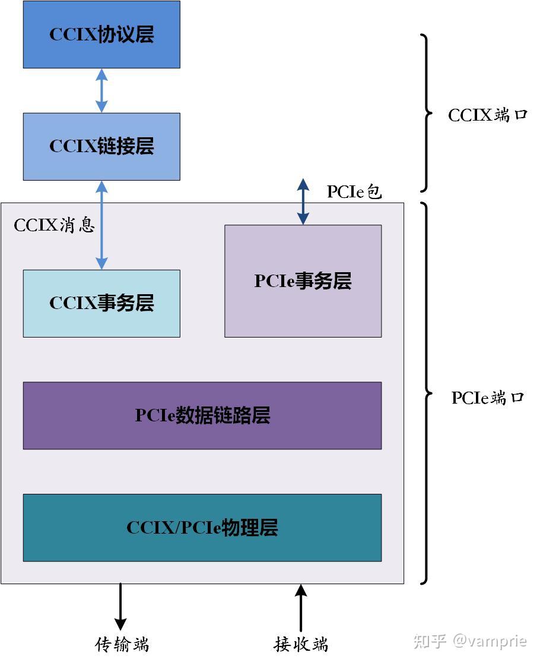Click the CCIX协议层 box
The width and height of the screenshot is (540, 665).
coord(101,34)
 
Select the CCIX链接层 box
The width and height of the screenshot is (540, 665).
coord(101,146)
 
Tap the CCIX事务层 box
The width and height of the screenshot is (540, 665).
coord(101,303)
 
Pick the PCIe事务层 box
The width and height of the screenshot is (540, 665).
coord(303,281)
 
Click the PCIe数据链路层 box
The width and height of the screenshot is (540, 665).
coord(202,415)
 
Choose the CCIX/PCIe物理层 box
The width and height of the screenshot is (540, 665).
coord(202,528)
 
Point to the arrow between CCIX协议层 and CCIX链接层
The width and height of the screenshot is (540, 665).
coord(101,90)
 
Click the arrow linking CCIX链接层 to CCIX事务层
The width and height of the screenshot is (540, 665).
coord(101,225)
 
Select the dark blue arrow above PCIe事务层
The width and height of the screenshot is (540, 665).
coord(303,201)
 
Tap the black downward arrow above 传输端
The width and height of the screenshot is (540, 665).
coord(120,606)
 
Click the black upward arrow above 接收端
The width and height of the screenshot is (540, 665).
coord(301,607)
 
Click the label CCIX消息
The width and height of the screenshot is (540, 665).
coord(54,225)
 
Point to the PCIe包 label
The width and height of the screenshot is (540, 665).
coord(354,191)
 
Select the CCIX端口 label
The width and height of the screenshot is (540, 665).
coord(488,115)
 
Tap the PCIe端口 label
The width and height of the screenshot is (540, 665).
coord(488,397)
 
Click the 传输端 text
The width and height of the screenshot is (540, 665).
coord(122,644)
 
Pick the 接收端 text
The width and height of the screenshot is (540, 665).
coord(301,644)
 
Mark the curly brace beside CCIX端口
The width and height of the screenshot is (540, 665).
coord(426,113)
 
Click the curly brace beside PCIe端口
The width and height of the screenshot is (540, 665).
coord(426,393)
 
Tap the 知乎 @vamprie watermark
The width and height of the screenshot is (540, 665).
coord(470,641)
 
